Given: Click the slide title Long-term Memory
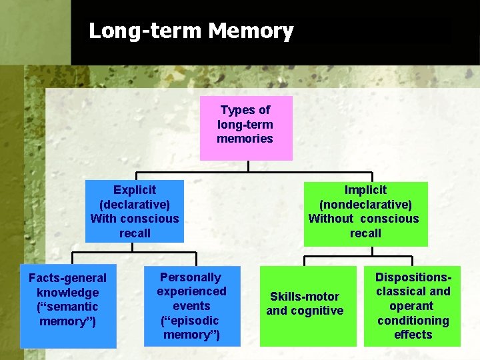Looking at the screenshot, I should pyautogui.click(x=191, y=31).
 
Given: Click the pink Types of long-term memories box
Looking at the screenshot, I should pyautogui.click(x=245, y=125).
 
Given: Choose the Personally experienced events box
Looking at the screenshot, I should pyautogui.click(x=191, y=306).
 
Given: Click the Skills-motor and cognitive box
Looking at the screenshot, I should pyautogui.click(x=305, y=306).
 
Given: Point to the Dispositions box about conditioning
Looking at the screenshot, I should pyautogui.click(x=413, y=306).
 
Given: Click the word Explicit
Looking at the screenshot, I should pyautogui.click(x=135, y=190).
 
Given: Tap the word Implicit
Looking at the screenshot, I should pyautogui.click(x=365, y=190).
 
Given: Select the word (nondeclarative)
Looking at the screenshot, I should pyautogui.click(x=365, y=205).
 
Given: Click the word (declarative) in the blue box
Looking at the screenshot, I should pyautogui.click(x=135, y=205).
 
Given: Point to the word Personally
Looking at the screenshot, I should pyautogui.click(x=191, y=277).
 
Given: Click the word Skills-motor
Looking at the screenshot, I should pyautogui.click(x=305, y=297).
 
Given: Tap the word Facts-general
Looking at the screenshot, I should pyautogui.click(x=67, y=278).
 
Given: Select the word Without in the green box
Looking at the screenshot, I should pyautogui.click(x=331, y=219).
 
